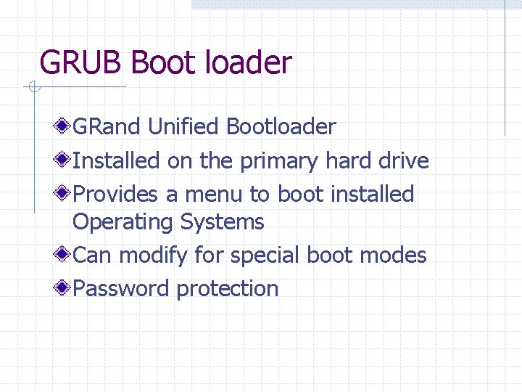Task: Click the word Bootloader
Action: click(281, 127)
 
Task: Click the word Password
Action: click(121, 289)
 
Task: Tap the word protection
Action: click(227, 289)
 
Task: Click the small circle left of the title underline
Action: click(33, 88)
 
